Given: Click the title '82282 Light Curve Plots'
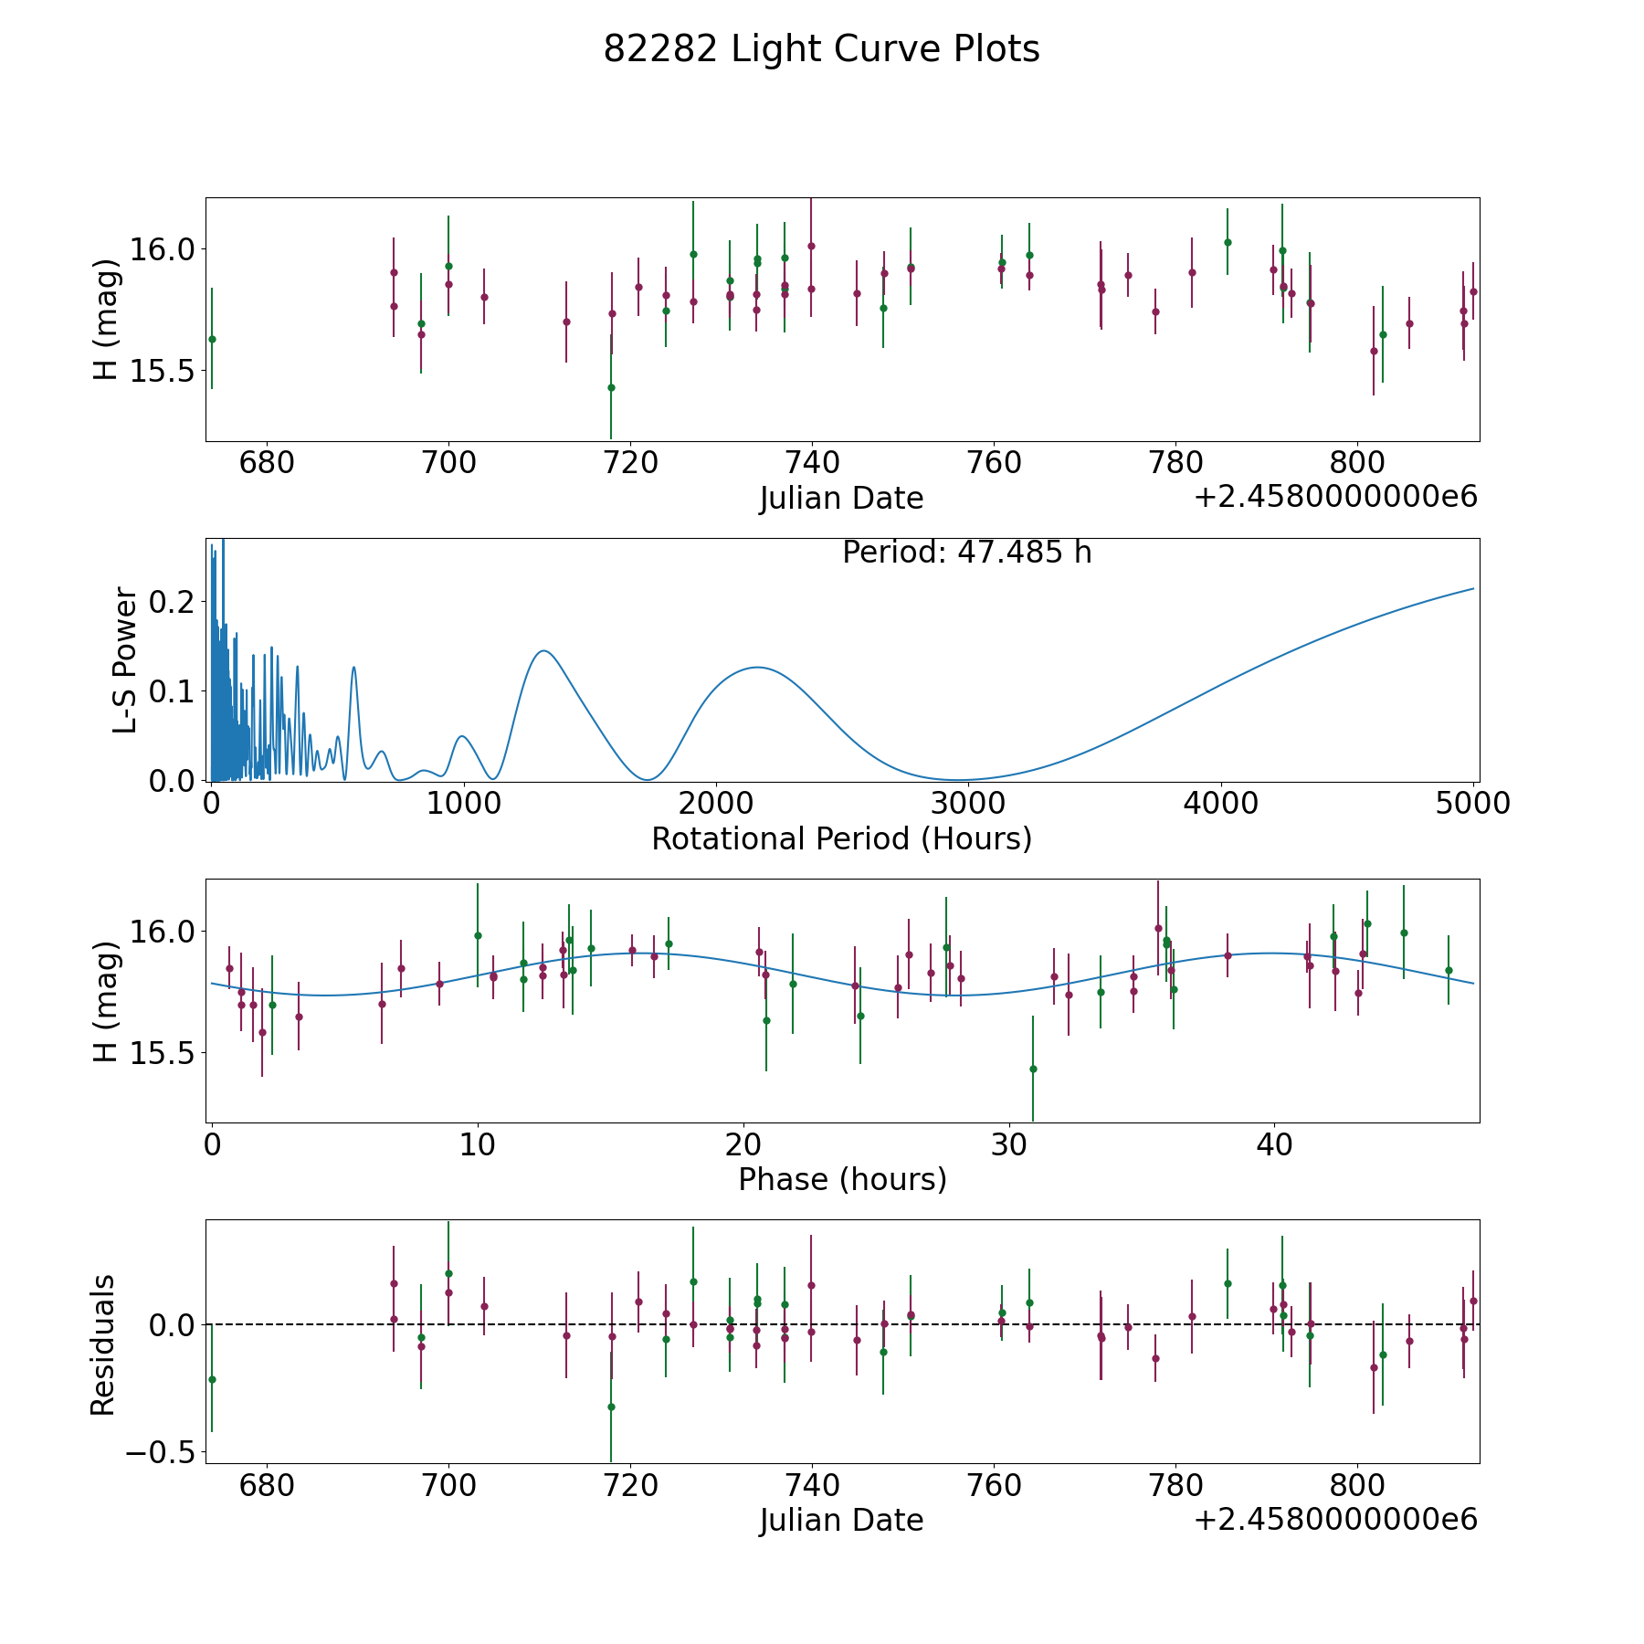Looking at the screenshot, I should (x=821, y=49).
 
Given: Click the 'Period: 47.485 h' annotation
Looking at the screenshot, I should (x=966, y=553).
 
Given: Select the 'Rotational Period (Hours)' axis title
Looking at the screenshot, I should (x=841, y=838).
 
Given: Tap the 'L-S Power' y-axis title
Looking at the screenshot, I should (x=125, y=660).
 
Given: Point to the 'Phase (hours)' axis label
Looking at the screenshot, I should (x=841, y=1179).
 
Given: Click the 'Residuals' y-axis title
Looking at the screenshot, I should (x=103, y=1344).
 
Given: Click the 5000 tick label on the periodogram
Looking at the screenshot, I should (x=1472, y=803).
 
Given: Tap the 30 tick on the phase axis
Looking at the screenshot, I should (x=1009, y=1144).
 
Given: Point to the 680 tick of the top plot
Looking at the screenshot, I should (x=267, y=463).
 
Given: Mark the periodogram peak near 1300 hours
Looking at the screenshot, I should (x=543, y=650).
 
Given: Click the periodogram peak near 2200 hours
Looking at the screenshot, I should (x=757, y=668).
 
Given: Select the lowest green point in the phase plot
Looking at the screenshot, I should (x=1033, y=1069).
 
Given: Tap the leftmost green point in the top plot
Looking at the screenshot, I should (x=212, y=339).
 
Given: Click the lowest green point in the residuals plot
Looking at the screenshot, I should (x=611, y=1407).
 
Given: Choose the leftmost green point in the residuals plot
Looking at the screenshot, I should (x=212, y=1379).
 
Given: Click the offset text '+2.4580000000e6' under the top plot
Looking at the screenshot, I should (x=1335, y=498).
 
